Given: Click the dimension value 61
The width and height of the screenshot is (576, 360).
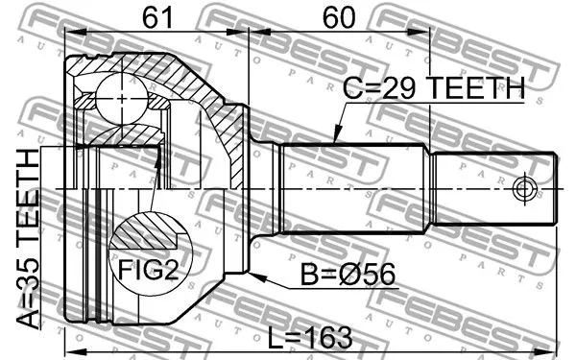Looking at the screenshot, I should [156, 16].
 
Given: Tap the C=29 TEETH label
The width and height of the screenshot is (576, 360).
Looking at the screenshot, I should [434, 89].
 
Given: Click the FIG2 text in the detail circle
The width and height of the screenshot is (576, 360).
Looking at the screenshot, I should [148, 272].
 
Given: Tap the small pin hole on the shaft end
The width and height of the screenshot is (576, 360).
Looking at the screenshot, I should [524, 188].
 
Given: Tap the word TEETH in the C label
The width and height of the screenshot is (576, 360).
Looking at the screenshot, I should [474, 89].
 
